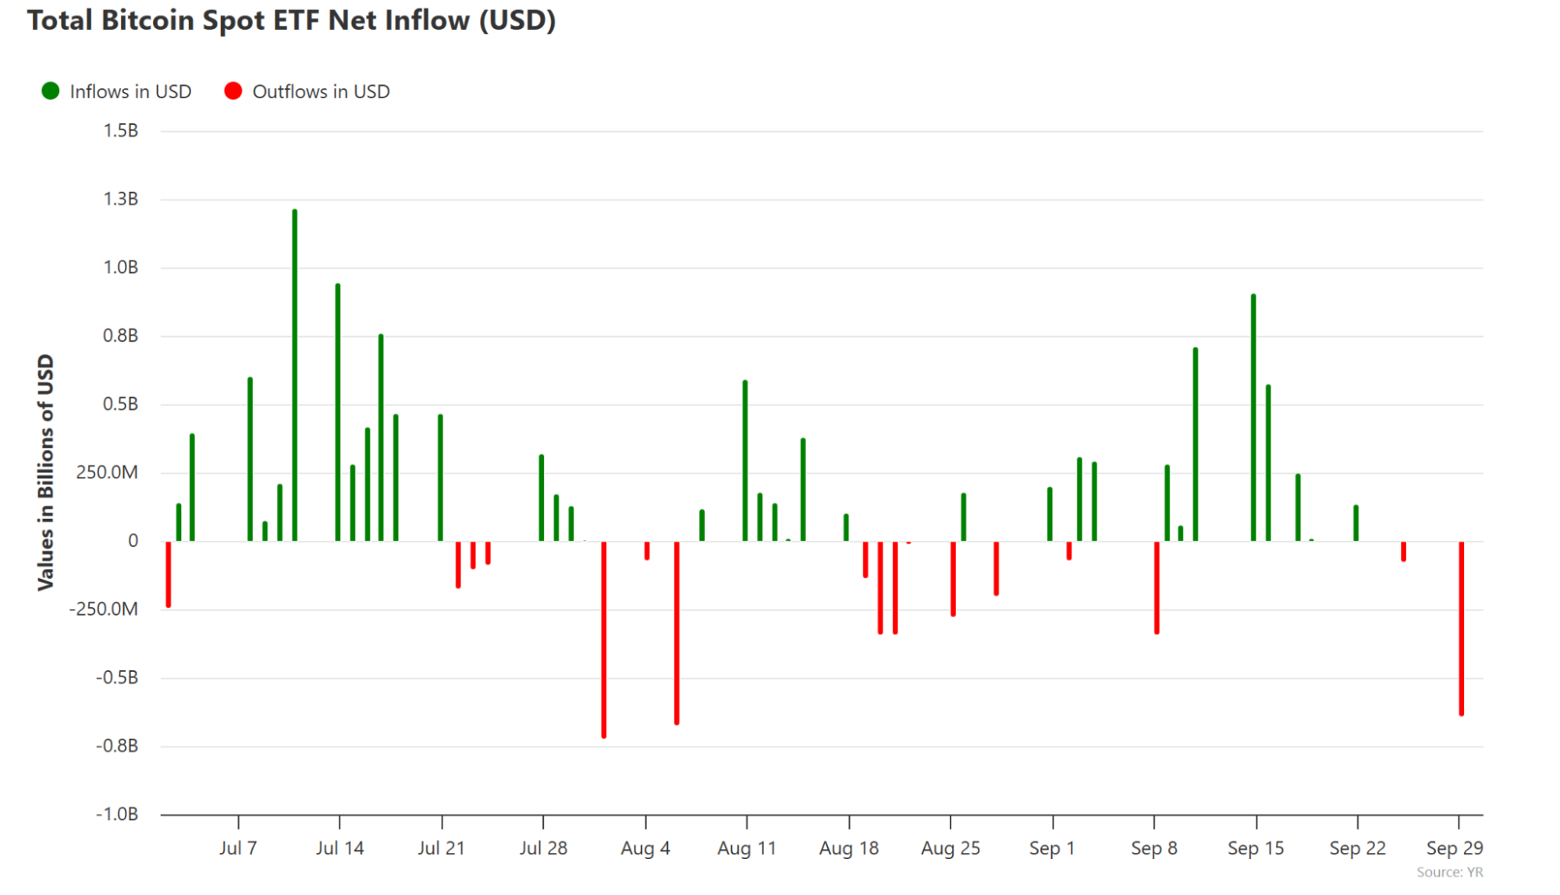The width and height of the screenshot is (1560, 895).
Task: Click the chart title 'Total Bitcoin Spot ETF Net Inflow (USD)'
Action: (291, 21)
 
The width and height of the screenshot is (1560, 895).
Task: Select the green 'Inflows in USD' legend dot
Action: (51, 91)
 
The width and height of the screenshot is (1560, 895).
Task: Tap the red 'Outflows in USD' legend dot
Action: (233, 91)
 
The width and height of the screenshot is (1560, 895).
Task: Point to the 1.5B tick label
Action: (120, 130)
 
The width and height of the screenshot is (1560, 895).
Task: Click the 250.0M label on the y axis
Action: (107, 472)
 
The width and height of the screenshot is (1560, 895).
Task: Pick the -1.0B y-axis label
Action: (116, 814)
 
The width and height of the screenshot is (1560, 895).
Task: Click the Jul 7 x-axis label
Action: (238, 848)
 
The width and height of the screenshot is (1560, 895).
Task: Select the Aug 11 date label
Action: (747, 848)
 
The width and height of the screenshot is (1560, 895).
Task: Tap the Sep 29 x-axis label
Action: (1454, 848)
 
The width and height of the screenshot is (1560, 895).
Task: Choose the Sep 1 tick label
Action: (1052, 848)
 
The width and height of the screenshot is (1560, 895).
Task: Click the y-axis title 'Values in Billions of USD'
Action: (46, 472)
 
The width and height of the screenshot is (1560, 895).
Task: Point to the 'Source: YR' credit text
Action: (1449, 872)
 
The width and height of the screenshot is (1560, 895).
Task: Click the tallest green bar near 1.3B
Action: (294, 375)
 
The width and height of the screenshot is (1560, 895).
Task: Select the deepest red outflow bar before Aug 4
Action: (604, 640)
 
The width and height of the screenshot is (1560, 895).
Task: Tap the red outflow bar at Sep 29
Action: (1461, 628)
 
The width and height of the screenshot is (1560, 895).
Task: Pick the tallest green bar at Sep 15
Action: (1253, 417)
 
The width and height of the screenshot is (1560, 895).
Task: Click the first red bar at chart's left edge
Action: (169, 574)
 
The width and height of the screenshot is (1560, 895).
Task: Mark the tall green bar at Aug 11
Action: (745, 460)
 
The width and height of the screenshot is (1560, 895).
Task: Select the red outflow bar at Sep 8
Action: (1157, 588)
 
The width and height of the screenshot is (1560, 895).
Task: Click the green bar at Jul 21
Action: (440, 478)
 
